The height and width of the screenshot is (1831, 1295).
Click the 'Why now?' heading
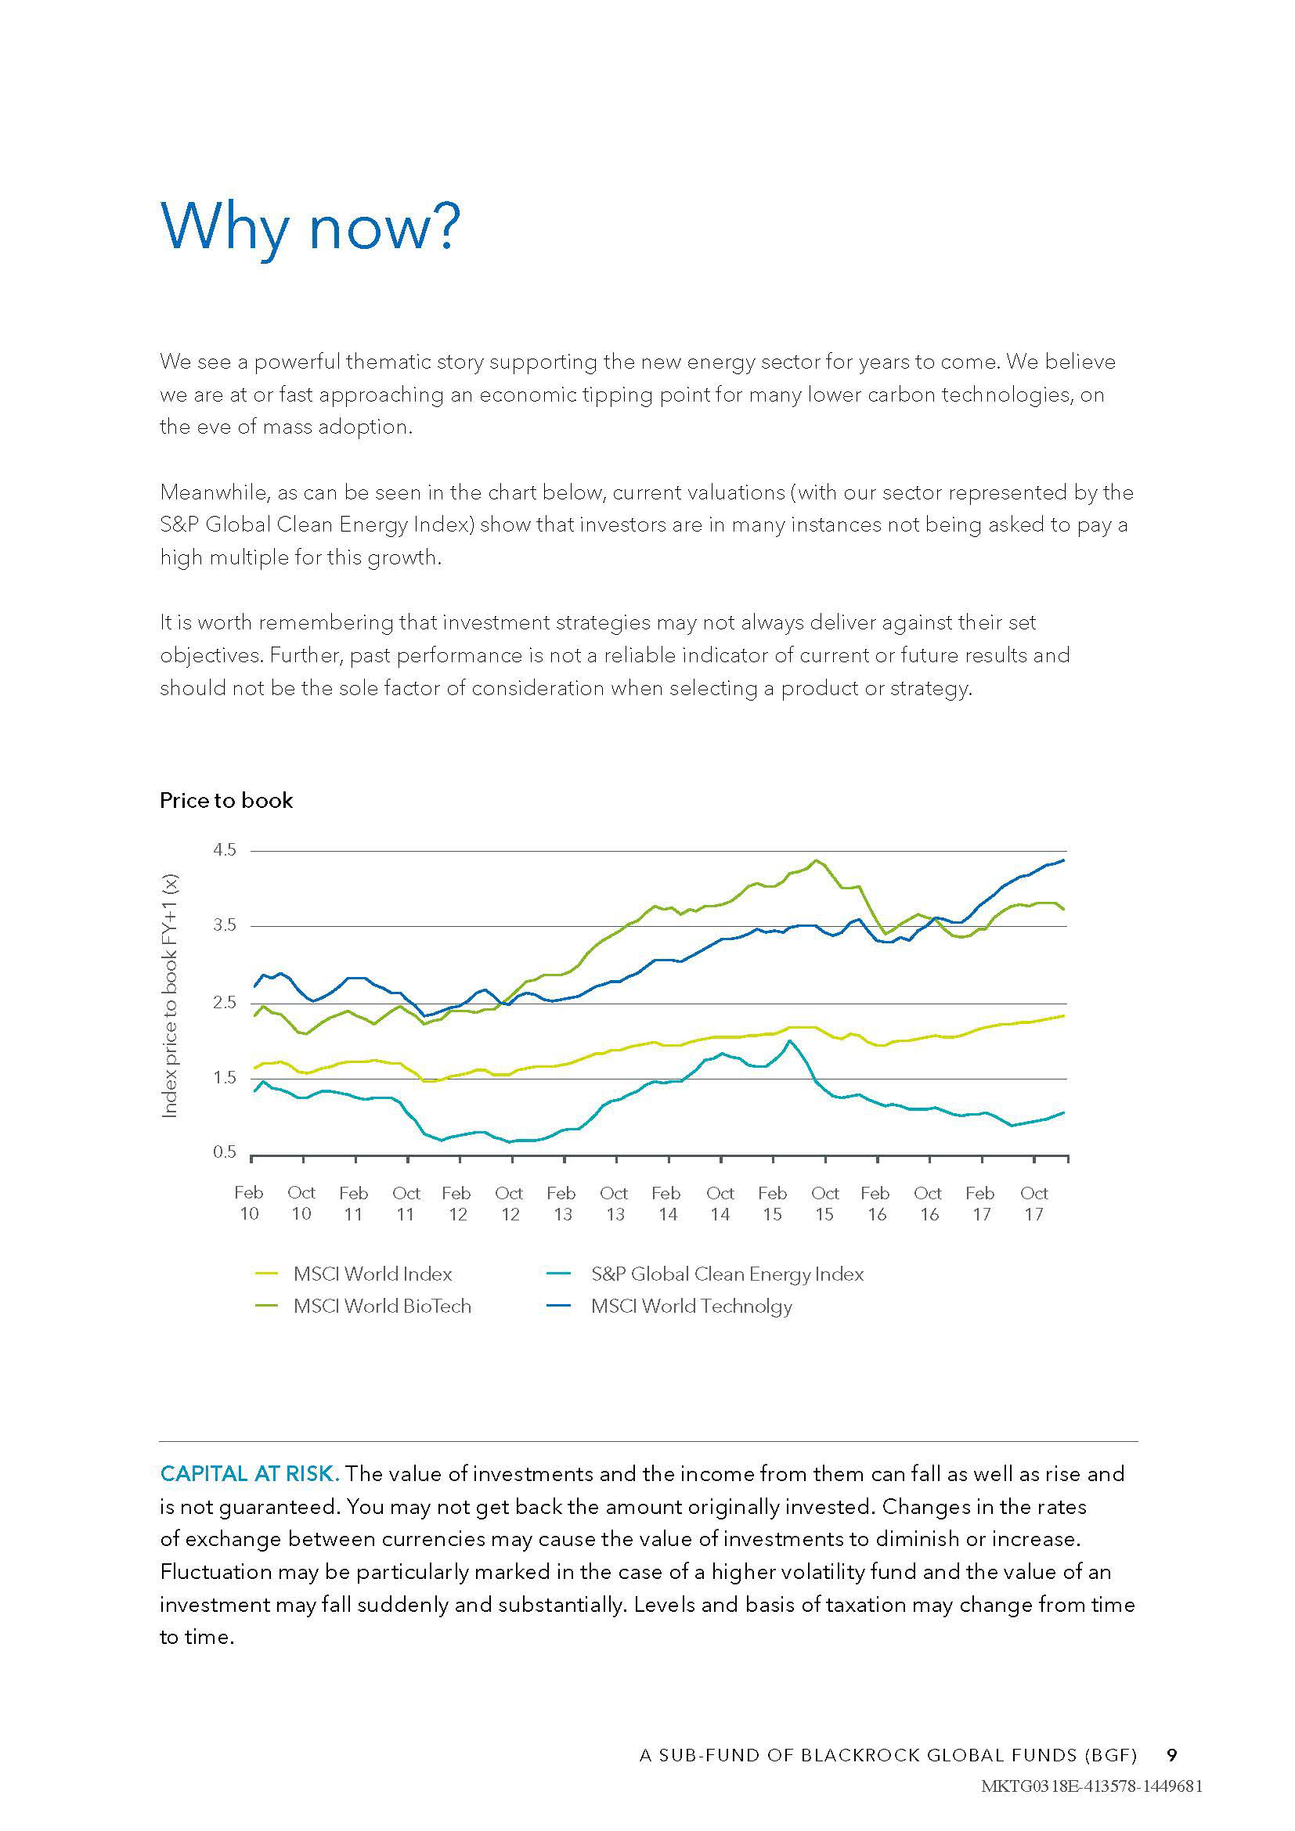point(310,227)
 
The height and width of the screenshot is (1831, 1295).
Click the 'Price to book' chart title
point(225,801)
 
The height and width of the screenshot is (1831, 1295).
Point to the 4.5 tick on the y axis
point(225,850)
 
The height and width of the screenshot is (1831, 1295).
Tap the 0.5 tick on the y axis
point(225,1152)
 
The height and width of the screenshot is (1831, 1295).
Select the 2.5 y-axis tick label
point(225,1003)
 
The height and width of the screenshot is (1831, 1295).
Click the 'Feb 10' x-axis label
point(249,1203)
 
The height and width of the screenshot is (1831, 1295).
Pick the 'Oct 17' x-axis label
point(1033,1203)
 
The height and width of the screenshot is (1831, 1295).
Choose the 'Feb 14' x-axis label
point(666,1203)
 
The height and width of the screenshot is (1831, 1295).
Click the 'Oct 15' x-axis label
point(824,1203)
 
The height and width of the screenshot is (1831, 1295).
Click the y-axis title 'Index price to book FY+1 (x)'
point(170,996)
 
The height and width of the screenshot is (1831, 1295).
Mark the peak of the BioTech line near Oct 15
point(816,860)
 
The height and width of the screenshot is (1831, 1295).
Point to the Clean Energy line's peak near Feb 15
point(789,1040)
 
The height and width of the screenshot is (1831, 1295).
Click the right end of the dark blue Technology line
point(1064,860)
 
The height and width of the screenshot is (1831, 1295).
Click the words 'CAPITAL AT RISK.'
point(250,1474)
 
